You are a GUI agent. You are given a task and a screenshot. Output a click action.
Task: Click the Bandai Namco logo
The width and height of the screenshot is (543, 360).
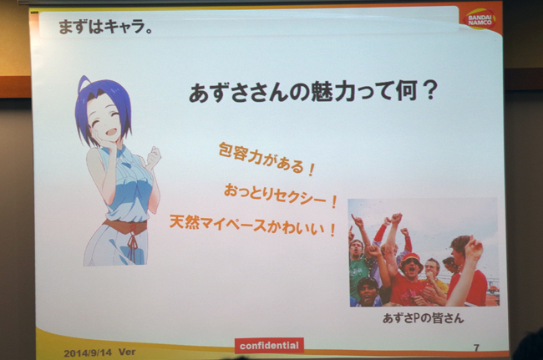tap(480, 19)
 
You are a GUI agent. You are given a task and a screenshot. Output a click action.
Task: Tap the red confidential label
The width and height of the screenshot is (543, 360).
tap(269, 346)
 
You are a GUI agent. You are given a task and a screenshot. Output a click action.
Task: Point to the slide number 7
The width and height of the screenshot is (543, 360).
tap(476, 347)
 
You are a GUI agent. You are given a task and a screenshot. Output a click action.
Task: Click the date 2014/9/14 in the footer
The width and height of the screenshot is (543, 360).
tap(88, 352)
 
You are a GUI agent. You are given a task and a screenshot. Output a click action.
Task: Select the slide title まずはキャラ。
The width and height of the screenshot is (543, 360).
tap(105, 27)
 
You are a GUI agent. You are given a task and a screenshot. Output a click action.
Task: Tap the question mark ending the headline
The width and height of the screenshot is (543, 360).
tap(430, 90)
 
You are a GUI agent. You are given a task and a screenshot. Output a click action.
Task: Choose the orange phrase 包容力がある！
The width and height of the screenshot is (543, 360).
tap(266, 159)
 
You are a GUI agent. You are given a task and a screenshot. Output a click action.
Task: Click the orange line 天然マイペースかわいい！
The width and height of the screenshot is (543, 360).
tap(253, 226)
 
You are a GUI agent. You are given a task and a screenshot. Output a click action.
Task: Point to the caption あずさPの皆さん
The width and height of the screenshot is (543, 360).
tap(423, 318)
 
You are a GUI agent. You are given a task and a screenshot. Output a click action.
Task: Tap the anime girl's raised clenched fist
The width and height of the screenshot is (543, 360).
tap(154, 156)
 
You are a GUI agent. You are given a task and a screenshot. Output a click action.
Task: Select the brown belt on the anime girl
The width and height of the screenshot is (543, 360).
tap(125, 226)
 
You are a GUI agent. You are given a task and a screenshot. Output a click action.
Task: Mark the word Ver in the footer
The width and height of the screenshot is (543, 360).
tap(127, 352)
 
